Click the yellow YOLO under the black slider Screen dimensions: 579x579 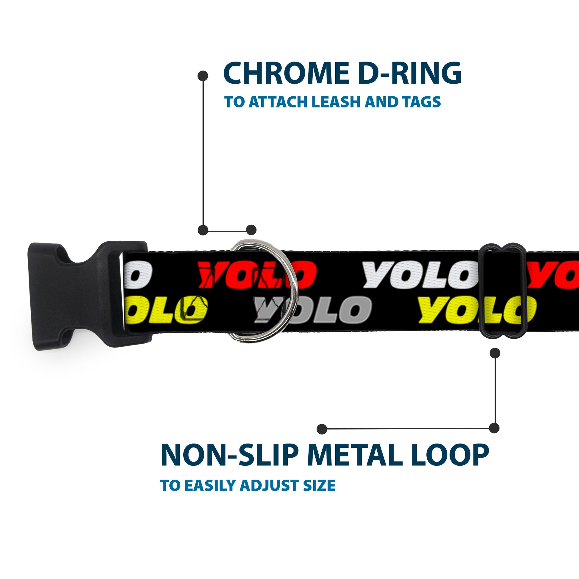pos(477,310)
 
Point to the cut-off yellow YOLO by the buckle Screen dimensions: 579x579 pos(166,310)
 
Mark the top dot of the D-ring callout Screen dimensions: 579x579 pos(203,76)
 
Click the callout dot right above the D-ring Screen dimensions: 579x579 pos(251,230)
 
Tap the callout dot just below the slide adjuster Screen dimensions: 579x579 pos(495,353)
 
